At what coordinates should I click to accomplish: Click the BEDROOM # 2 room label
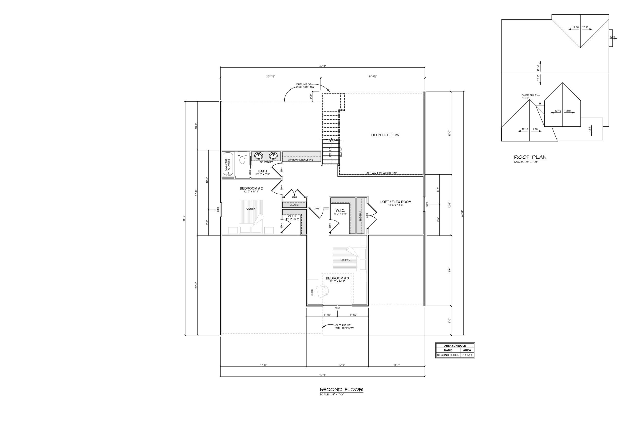(251, 188)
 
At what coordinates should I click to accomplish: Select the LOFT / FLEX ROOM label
(396, 202)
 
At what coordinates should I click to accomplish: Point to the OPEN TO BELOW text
(385, 135)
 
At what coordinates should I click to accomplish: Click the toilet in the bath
(242, 160)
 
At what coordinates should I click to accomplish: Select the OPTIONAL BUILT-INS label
(300, 160)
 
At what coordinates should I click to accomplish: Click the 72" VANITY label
(266, 162)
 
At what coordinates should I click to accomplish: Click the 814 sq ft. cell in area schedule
(467, 355)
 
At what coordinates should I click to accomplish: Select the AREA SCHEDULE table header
(455, 346)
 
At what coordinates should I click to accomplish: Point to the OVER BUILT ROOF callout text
(529, 97)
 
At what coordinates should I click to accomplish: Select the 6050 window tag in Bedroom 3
(337, 308)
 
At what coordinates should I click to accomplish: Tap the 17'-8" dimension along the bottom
(263, 365)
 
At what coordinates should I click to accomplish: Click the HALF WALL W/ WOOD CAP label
(380, 173)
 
